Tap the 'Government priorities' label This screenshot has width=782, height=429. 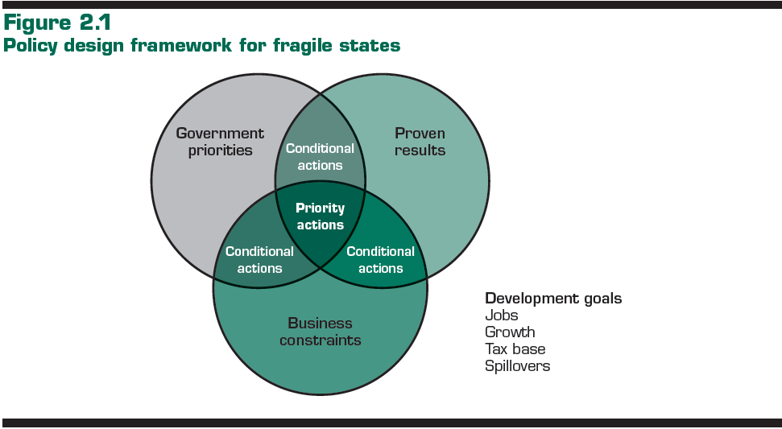220,142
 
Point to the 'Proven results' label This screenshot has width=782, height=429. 420,142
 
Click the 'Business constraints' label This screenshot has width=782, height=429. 320,332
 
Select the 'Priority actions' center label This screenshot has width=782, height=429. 320,217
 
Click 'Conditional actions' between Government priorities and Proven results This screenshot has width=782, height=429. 320,157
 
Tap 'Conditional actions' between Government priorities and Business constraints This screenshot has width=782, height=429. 259,260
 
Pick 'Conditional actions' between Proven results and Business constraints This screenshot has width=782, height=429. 380,260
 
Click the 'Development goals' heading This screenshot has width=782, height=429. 553,299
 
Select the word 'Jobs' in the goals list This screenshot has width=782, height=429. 501,316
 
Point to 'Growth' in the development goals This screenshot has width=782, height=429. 510,332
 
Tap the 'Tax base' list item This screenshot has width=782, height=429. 515,349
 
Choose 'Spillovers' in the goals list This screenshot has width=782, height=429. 517,366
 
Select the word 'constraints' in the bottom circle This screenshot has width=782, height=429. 320,340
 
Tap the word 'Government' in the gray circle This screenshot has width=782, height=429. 220,134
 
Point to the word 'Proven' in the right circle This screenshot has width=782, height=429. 420,134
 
